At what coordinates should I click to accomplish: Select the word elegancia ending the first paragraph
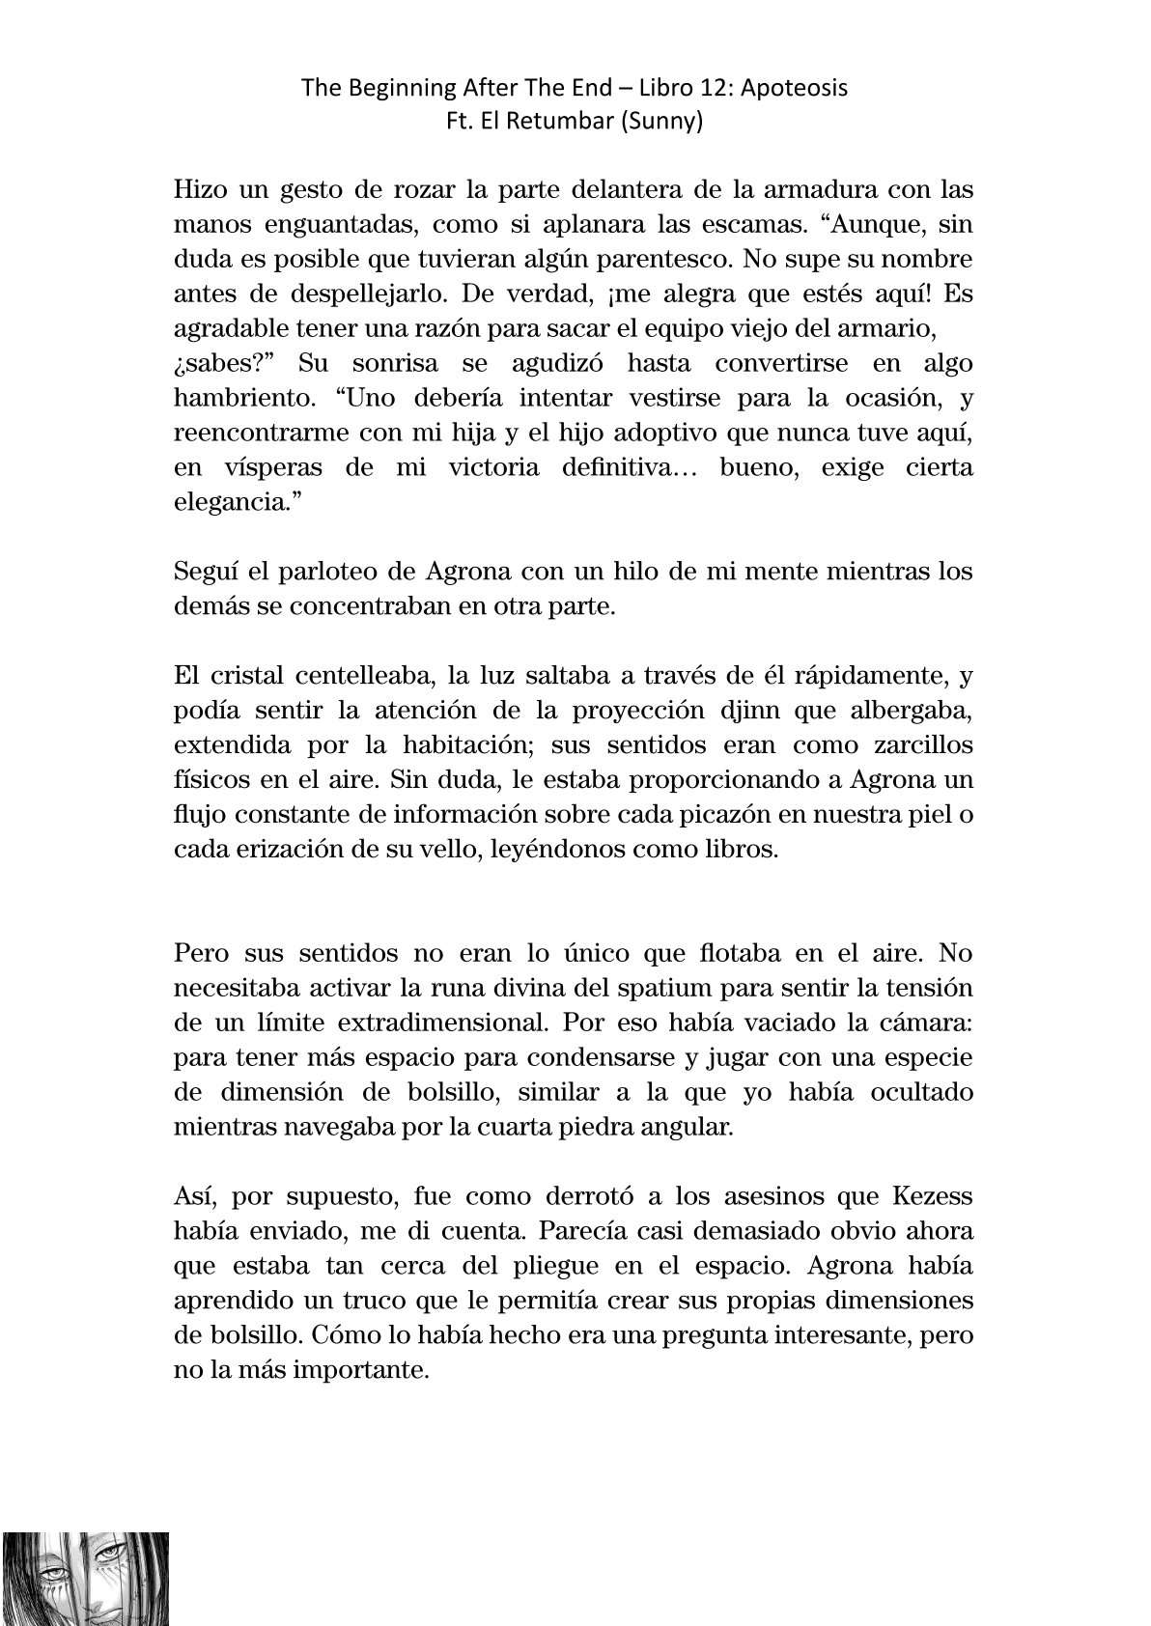[232, 502]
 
